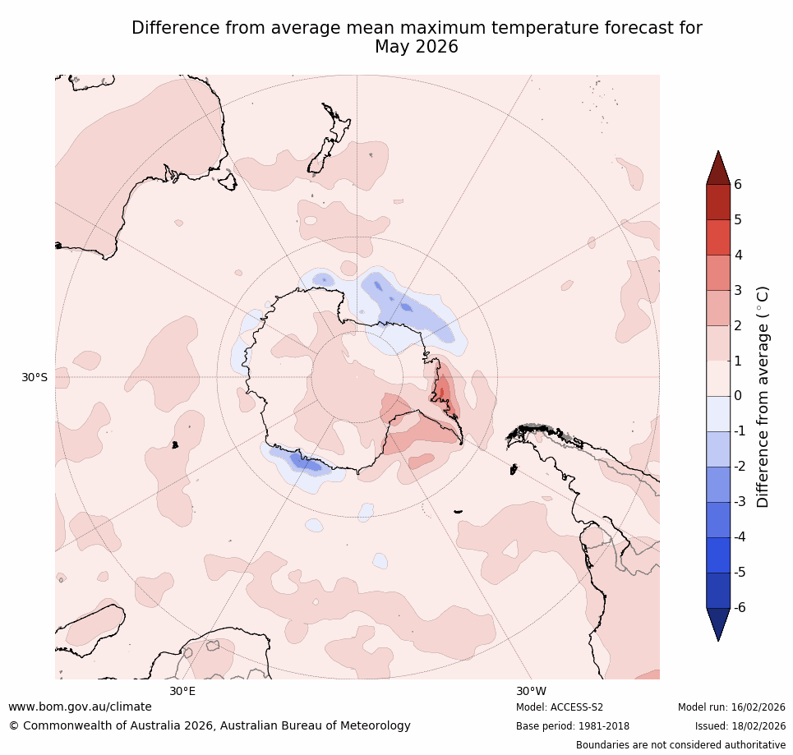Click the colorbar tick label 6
tap(738, 185)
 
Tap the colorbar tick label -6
tap(740, 608)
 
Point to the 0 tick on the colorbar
tap(738, 396)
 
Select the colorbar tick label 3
tap(738, 290)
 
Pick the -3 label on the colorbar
tap(740, 502)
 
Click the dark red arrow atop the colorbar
tap(719, 168)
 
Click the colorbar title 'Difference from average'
tap(763, 396)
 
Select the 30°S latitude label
tap(35, 378)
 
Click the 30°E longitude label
tap(182, 691)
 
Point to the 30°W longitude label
tap(531, 691)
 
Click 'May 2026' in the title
tap(417, 48)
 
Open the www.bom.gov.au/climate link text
tap(80, 707)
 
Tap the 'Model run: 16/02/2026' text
tap(731, 707)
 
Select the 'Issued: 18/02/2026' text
tap(740, 726)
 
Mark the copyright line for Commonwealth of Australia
tap(210, 726)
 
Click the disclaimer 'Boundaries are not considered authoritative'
tap(680, 745)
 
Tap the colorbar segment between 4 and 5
tap(719, 237)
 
